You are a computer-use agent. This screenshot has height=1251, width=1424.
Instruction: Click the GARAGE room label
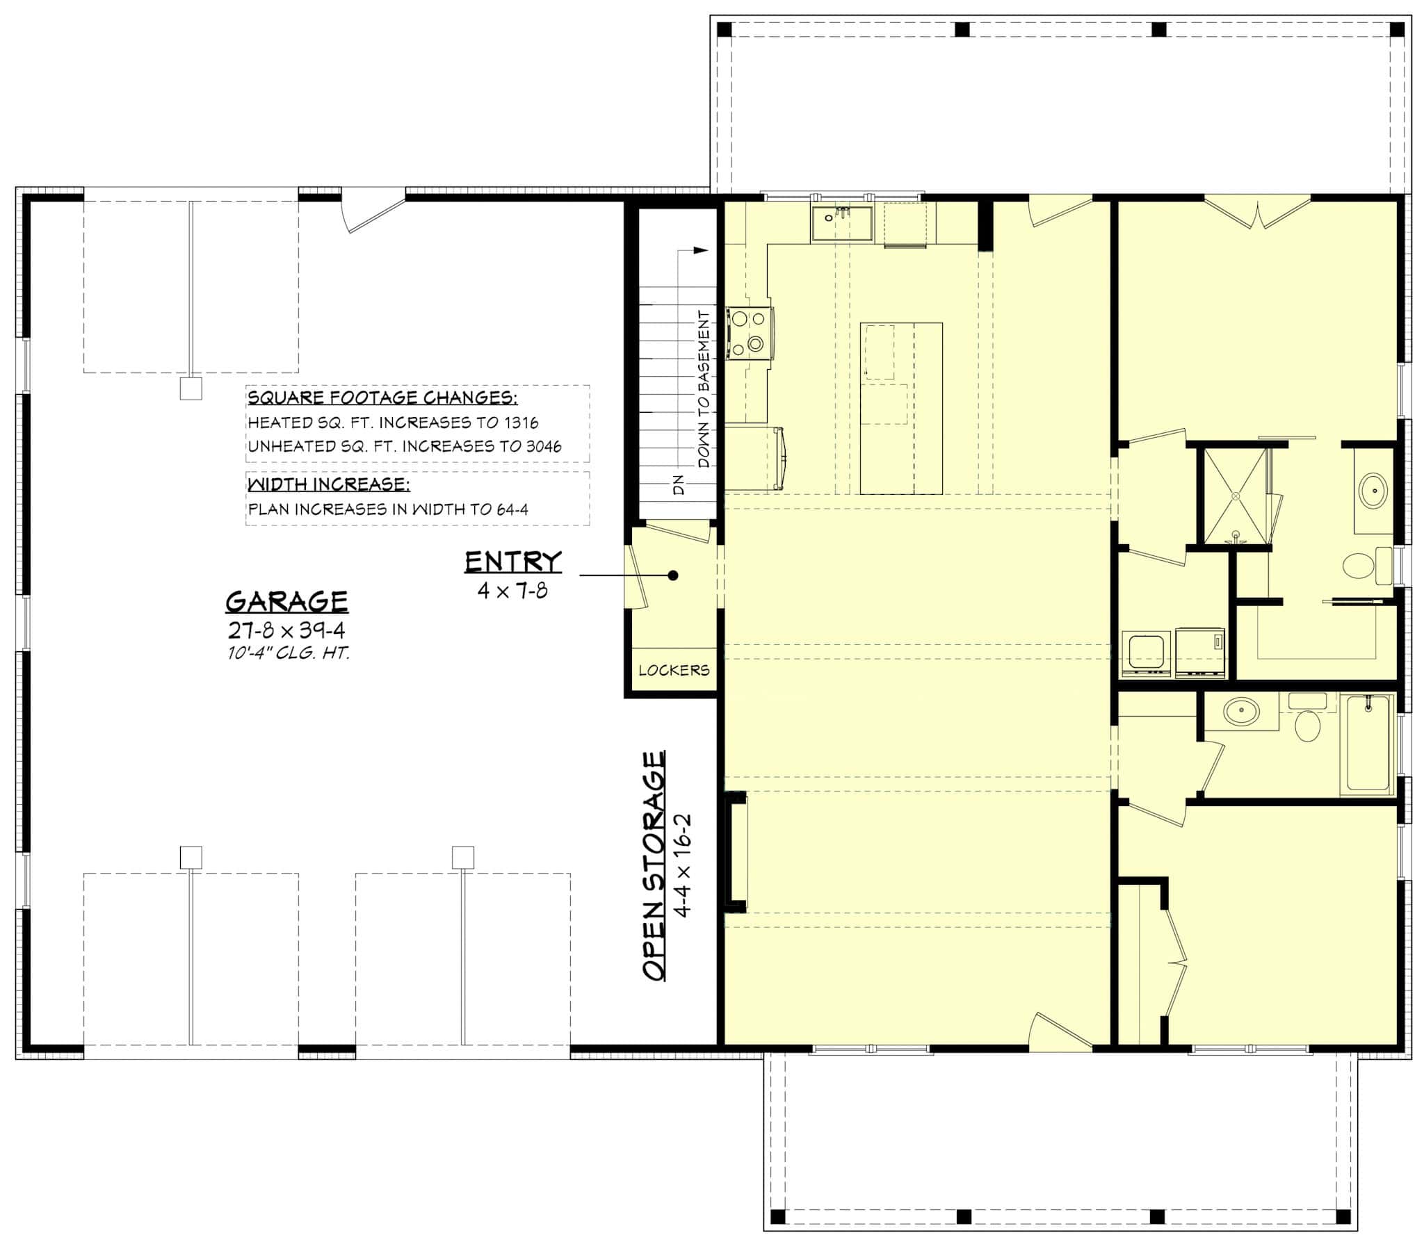[286, 601]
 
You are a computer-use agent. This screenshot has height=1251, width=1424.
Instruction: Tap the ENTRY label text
[512, 562]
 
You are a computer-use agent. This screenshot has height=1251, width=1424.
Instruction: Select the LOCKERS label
[674, 670]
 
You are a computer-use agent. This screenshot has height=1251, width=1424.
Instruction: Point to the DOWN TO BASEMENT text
[704, 389]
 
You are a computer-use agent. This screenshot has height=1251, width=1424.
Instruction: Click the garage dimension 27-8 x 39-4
[286, 631]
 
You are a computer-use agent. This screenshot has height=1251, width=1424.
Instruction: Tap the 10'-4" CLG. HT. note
[288, 653]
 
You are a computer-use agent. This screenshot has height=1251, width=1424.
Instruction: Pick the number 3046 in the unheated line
[544, 446]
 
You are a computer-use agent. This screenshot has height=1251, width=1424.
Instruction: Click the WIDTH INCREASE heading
[328, 484]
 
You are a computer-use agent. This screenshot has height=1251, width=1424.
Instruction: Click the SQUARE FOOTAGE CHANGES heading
[382, 398]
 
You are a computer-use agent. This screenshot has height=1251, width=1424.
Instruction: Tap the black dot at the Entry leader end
[673, 575]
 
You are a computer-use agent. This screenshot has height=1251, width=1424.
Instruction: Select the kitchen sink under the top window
[841, 224]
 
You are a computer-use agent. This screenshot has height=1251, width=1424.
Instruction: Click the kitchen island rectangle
[901, 408]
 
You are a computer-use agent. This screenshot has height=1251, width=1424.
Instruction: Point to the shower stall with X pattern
[1234, 496]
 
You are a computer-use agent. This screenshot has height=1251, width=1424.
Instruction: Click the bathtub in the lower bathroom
[1368, 744]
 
